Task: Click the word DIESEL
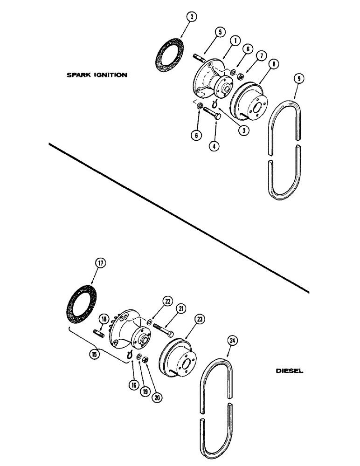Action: point(289,371)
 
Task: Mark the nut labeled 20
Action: point(145,360)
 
